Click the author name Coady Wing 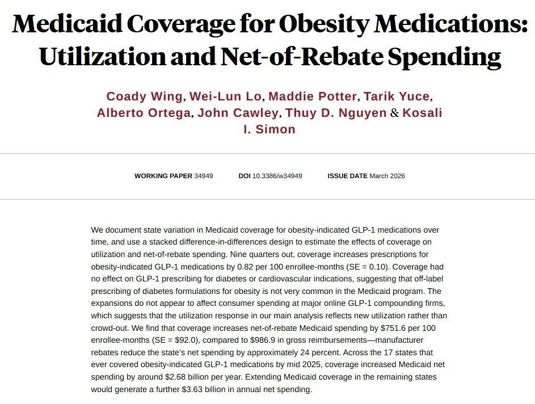point(145,96)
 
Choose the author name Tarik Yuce point(396,96)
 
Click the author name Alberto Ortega point(144,113)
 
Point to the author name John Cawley point(238,113)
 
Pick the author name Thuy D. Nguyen point(336,113)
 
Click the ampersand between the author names point(395,113)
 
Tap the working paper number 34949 point(204,176)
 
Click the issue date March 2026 point(387,176)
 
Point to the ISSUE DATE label point(347,176)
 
